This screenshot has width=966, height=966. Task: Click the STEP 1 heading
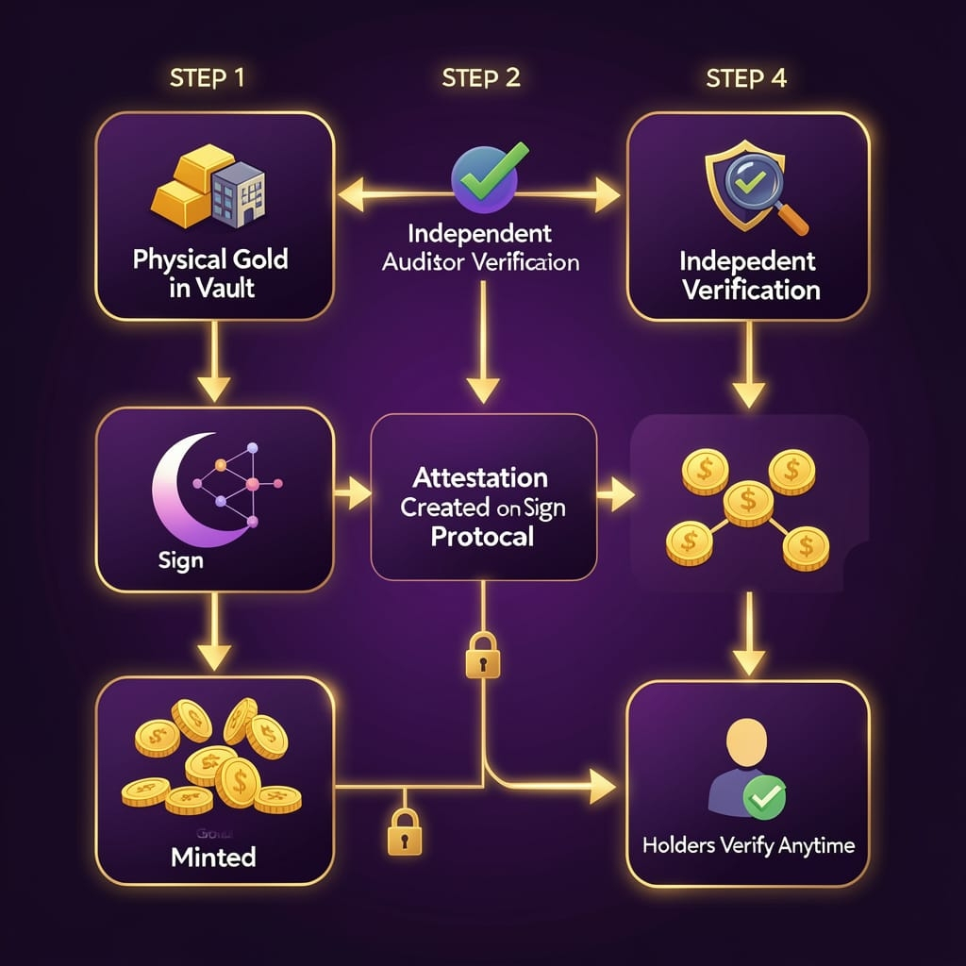pos(207,78)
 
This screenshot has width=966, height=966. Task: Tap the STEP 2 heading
pos(481,78)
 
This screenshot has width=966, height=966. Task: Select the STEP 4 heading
pos(745,78)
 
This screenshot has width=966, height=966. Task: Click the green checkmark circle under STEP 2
pos(481,176)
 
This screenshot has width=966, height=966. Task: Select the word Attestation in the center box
pos(483,476)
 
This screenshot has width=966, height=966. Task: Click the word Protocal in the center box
pos(483,536)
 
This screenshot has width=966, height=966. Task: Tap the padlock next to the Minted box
pos(402,831)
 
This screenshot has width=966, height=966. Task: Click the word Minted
pos(213,858)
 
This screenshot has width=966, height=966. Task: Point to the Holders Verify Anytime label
pos(747,845)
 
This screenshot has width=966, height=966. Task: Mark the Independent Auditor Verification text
pos(481,247)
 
